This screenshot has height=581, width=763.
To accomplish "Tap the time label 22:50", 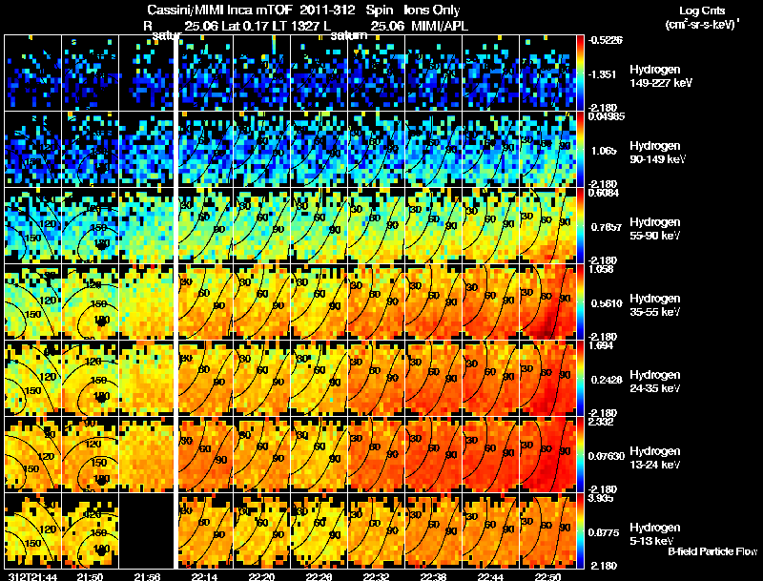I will (548, 576).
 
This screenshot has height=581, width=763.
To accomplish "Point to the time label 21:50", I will (90, 576).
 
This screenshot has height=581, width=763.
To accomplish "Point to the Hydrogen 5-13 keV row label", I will (655, 533).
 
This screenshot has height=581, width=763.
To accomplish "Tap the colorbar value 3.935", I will (604, 497).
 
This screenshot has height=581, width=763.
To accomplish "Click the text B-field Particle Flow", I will (711, 550).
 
